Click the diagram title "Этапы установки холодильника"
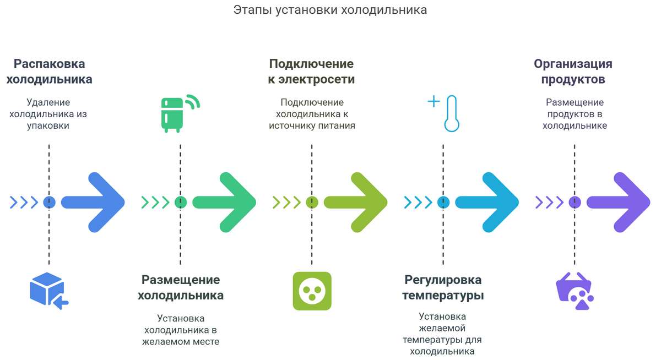pos(330,10)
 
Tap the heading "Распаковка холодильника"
pos(49,72)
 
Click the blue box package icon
pos(48,290)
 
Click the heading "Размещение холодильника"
pos(181,287)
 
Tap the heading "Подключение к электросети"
pos(311,72)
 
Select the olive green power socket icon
pos(312,290)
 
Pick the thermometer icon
pos(451,113)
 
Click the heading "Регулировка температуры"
pos(443,287)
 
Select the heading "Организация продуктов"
pos(573,72)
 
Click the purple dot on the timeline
pos(575,202)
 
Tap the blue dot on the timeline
pos(49,202)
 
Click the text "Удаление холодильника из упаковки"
pos(48,114)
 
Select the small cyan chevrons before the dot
pos(418,202)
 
